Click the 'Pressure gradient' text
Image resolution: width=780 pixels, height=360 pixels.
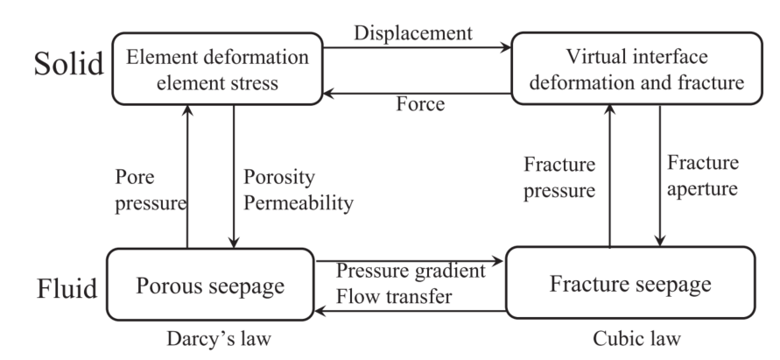click(411, 269)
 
